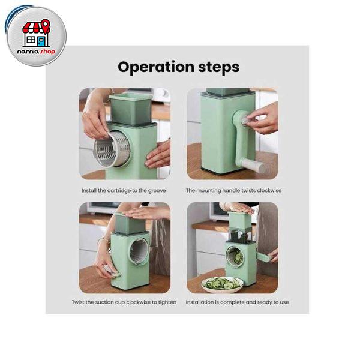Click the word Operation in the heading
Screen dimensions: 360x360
coord(156,67)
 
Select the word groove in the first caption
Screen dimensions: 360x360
coord(157,191)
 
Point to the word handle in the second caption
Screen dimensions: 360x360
coord(231,191)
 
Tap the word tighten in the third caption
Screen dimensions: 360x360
coord(167,302)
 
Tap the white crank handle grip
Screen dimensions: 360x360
coord(253,166)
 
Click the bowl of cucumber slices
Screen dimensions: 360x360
coord(223,284)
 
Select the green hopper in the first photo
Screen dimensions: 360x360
coord(131,110)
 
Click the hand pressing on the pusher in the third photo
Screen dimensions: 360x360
coord(147,213)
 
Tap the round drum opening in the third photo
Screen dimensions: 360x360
coord(139,251)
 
